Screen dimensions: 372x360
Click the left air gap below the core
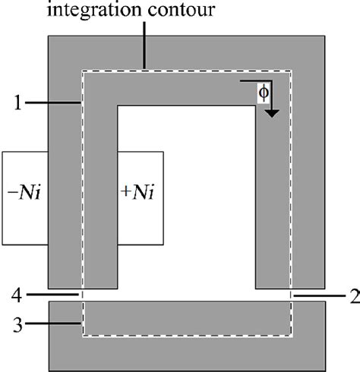coord(83,295)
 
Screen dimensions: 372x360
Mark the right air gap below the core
coord(290,295)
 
